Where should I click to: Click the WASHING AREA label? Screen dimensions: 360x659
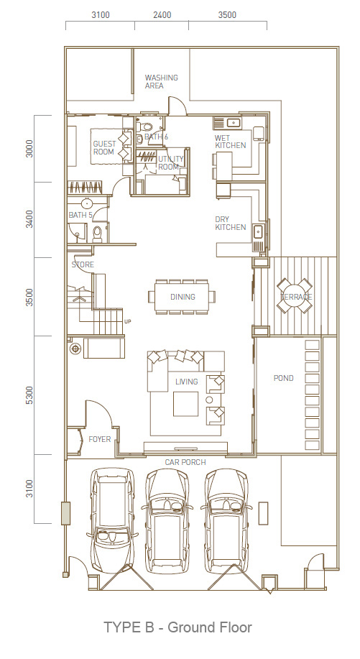[161, 81]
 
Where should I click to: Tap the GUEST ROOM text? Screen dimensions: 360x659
[104, 147]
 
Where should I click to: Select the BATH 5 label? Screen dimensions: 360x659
[80, 215]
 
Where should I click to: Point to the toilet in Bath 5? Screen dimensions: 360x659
[98, 234]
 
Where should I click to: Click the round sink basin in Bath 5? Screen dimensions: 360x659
[86, 203]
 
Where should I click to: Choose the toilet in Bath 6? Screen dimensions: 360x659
[147, 126]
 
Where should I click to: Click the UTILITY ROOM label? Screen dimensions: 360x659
[170, 162]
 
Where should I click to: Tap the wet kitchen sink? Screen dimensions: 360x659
[232, 123]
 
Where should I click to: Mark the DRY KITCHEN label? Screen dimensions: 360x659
[231, 223]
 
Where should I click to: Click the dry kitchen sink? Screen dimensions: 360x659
[258, 231]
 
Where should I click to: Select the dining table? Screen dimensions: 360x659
[182, 297]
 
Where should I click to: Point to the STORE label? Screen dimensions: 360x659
[83, 264]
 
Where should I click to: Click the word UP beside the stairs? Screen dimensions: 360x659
[128, 321]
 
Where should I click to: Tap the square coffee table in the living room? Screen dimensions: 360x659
[186, 404]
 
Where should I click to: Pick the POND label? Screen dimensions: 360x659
[284, 378]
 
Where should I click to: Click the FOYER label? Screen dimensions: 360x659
[100, 439]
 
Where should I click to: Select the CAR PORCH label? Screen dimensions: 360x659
[185, 462]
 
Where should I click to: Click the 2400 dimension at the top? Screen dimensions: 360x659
[162, 15]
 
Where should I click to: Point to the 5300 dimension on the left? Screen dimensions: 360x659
[29, 395]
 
